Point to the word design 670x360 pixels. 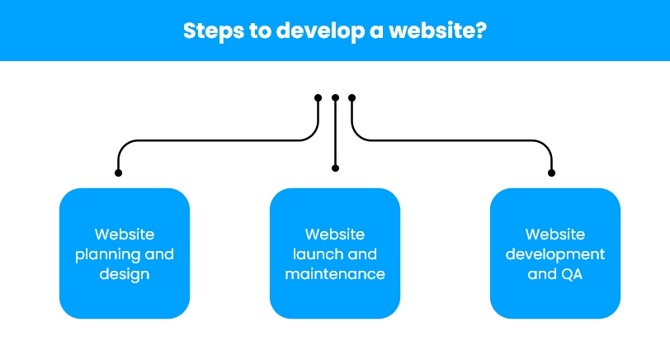125,273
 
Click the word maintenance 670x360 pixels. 335,273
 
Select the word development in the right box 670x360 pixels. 555,254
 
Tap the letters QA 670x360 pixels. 569,273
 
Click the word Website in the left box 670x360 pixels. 125,234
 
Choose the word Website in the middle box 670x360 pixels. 335,234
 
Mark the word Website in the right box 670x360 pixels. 555,234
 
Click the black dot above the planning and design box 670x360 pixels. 118,173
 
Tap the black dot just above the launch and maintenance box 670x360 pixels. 335,168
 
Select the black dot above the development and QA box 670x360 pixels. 552,173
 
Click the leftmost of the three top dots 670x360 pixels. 318,97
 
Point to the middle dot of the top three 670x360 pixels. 335,97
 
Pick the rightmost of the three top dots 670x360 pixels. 352,97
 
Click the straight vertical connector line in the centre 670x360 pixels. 335,132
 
